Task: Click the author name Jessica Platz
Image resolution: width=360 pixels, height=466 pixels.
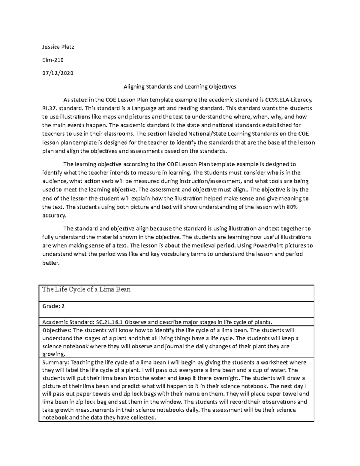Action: tap(58, 47)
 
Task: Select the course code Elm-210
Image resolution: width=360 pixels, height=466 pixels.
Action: tap(53, 60)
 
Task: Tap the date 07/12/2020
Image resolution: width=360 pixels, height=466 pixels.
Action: tap(58, 73)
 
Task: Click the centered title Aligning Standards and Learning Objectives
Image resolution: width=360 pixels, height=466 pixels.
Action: tap(180, 87)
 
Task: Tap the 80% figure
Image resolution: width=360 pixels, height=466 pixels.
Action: tap(292, 207)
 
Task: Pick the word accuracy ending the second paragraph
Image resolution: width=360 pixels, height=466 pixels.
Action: tap(53, 215)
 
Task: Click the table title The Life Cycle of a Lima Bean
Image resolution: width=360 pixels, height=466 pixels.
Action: tap(86, 290)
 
